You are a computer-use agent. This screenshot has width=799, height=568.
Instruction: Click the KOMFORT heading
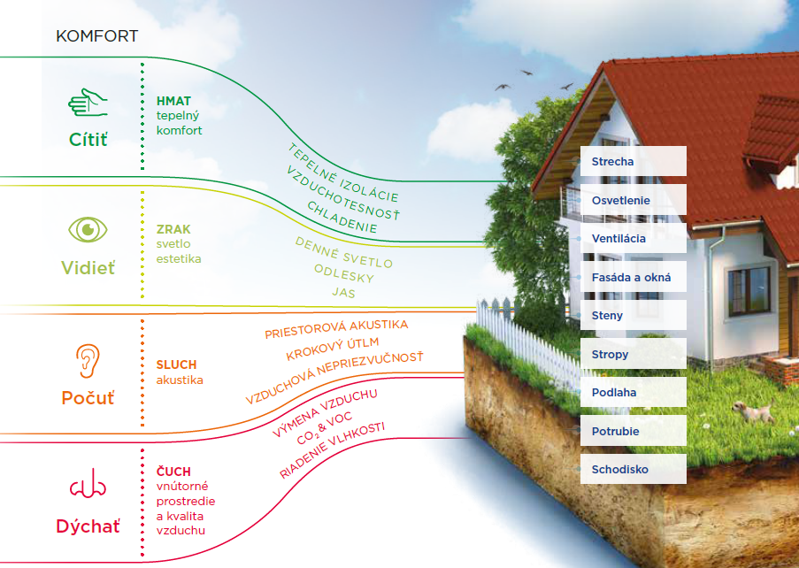[x=96, y=36]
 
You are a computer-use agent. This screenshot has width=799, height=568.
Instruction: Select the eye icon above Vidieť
[x=88, y=229]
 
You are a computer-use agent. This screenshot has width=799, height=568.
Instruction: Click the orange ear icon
[x=88, y=361]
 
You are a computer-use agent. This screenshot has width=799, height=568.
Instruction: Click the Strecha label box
[x=634, y=162]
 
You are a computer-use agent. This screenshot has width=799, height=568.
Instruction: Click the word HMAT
[x=173, y=102]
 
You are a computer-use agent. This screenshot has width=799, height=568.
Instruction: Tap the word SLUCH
[x=176, y=365]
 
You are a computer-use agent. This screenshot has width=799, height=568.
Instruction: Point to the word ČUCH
[x=173, y=471]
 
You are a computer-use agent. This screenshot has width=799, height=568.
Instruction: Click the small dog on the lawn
[x=753, y=411]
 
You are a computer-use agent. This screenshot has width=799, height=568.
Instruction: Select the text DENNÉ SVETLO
[x=344, y=253]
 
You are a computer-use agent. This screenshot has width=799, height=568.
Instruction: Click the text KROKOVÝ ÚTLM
[x=332, y=349]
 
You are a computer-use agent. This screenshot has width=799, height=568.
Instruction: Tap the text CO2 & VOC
[x=325, y=428]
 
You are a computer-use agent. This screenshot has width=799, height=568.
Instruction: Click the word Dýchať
[x=88, y=526]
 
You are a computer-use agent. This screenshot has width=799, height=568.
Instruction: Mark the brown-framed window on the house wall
[x=749, y=291]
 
